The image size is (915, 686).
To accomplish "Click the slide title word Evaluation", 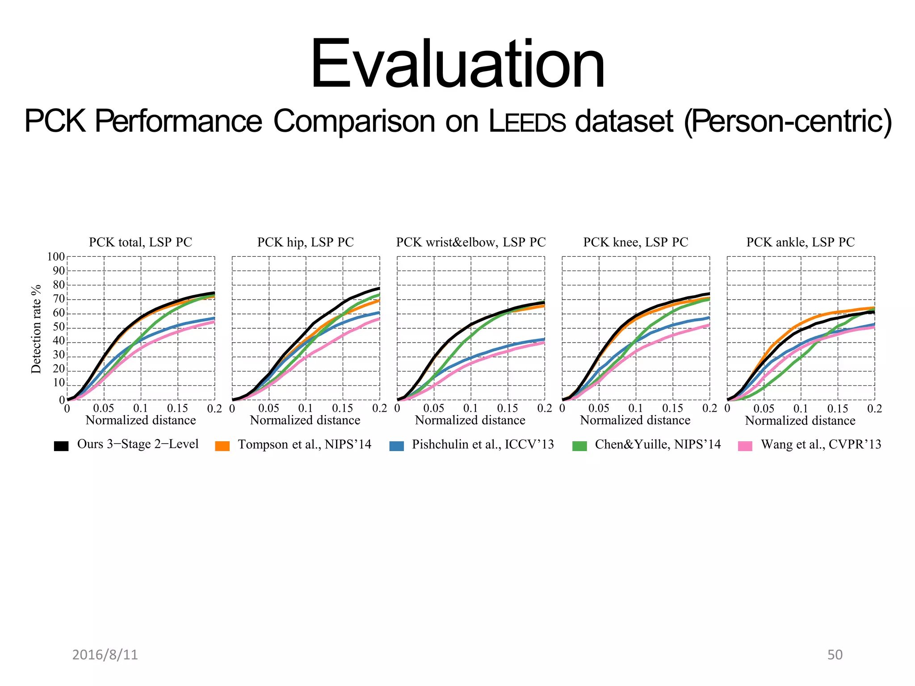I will pyautogui.click(x=457, y=65).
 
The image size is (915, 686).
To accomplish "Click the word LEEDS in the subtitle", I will pyautogui.click(x=527, y=121).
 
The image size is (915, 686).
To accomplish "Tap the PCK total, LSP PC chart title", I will pyautogui.click(x=140, y=242).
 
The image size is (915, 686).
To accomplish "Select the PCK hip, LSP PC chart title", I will pyautogui.click(x=305, y=242).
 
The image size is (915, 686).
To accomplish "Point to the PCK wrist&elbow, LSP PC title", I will pyautogui.click(x=471, y=242).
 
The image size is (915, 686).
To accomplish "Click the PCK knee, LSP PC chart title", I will pyautogui.click(x=635, y=242).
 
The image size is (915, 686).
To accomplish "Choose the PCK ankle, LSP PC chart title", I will pyautogui.click(x=800, y=242).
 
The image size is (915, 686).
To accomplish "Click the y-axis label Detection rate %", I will pyautogui.click(x=36, y=329).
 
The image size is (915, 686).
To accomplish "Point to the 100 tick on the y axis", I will pyautogui.click(x=56, y=257).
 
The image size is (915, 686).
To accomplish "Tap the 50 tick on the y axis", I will pyautogui.click(x=59, y=327).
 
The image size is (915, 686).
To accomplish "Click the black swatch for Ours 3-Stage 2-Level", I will pyautogui.click(x=61, y=446).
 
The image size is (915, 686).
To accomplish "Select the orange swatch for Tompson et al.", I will pyautogui.click(x=222, y=446).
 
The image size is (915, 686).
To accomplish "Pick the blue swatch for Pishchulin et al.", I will pyautogui.click(x=396, y=446).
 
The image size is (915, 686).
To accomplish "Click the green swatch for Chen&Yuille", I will pyautogui.click(x=579, y=446).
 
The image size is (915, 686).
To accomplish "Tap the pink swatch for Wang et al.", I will pyautogui.click(x=745, y=446).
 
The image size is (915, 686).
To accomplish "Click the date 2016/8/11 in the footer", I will pyautogui.click(x=105, y=655).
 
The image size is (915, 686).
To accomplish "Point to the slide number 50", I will pyautogui.click(x=835, y=655).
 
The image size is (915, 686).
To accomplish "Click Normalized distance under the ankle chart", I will pyautogui.click(x=800, y=421).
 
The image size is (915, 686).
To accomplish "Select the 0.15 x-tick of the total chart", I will pyautogui.click(x=177, y=408).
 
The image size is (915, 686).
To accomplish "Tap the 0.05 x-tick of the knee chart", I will pyautogui.click(x=599, y=408).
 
